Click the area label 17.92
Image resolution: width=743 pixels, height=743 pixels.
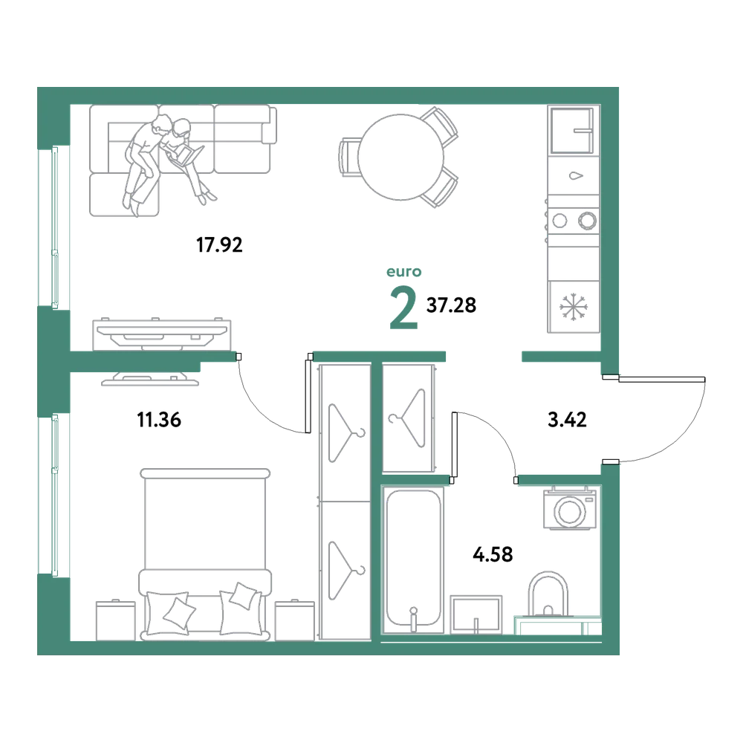(x=219, y=245)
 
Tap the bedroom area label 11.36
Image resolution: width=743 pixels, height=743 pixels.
(x=159, y=420)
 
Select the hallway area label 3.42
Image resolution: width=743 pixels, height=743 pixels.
(x=567, y=419)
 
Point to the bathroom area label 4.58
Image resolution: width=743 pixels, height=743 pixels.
(x=493, y=554)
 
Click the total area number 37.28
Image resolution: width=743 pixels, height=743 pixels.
(x=451, y=305)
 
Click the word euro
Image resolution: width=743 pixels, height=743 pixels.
(x=403, y=272)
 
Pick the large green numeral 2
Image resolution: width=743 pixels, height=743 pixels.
(x=403, y=309)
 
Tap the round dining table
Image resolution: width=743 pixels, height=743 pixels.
(x=401, y=157)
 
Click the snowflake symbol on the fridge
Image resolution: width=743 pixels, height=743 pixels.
(x=574, y=307)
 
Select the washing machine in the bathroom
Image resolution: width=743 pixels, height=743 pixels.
(x=570, y=509)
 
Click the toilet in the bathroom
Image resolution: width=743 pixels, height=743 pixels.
(x=548, y=596)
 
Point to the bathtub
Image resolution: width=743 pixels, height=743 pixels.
(x=413, y=559)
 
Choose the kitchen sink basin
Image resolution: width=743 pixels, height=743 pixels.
(x=572, y=130)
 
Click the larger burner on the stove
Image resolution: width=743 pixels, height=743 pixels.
(x=587, y=221)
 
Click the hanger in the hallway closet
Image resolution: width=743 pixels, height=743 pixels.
(x=407, y=418)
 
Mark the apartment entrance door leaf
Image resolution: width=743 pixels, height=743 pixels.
(x=661, y=379)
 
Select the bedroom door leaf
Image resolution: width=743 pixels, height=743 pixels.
(x=308, y=396)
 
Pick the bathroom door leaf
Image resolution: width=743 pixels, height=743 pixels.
(x=455, y=444)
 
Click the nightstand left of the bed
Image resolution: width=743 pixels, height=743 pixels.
(x=116, y=620)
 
